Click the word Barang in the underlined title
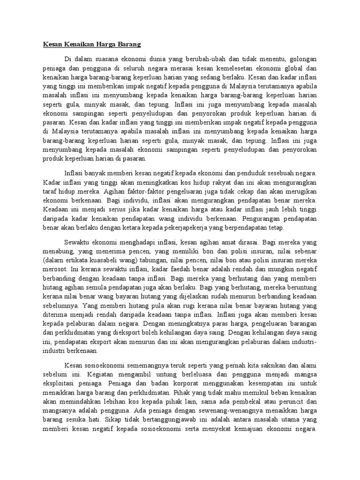point(129,45)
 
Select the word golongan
point(300,59)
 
